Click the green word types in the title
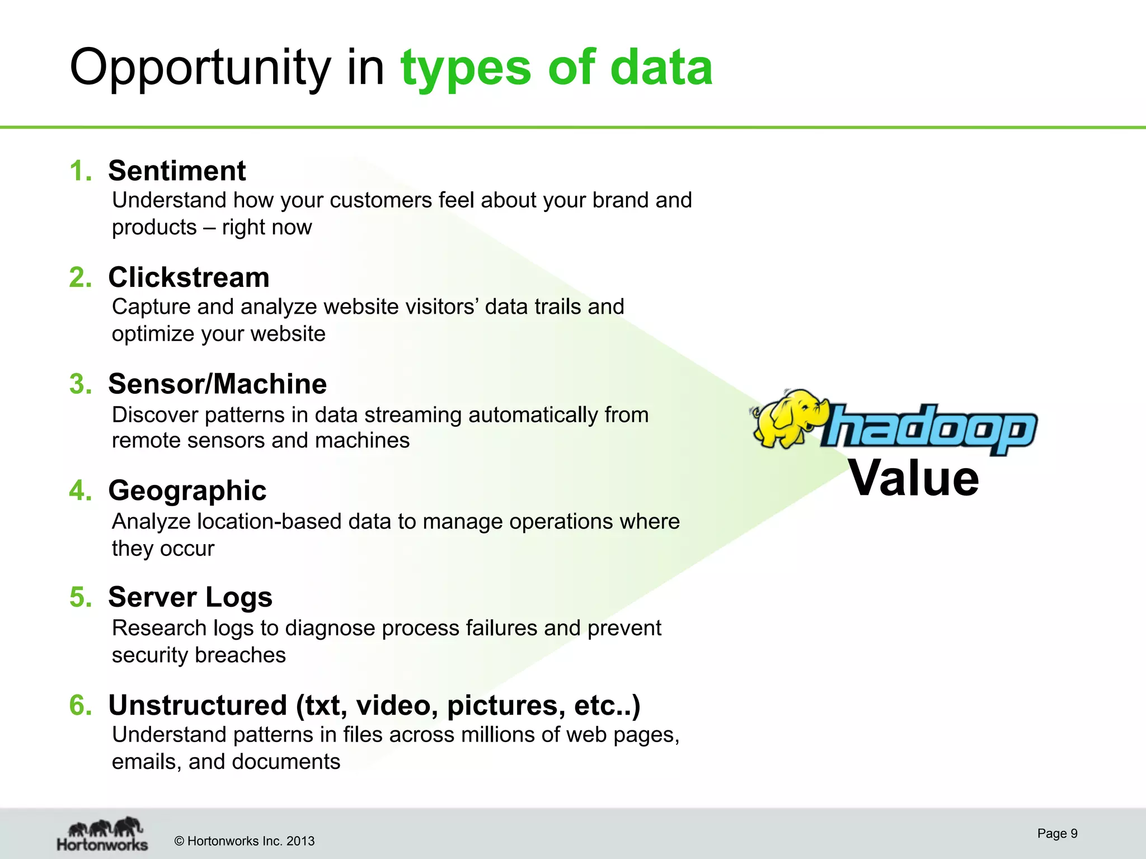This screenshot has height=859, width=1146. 466,68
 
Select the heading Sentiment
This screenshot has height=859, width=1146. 177,171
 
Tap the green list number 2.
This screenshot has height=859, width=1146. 80,277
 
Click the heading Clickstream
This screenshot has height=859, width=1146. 189,277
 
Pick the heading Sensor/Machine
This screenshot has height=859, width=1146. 217,384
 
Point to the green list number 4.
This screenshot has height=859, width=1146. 80,490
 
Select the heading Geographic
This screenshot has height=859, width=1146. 187,490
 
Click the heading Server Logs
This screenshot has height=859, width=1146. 190,597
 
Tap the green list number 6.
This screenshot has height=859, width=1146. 80,705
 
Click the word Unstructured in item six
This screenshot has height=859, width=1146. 198,705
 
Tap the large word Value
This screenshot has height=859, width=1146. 914,478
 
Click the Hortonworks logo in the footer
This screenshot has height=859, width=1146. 102,834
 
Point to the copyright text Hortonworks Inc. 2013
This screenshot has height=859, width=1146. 245,841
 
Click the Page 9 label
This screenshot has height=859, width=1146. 1057,833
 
